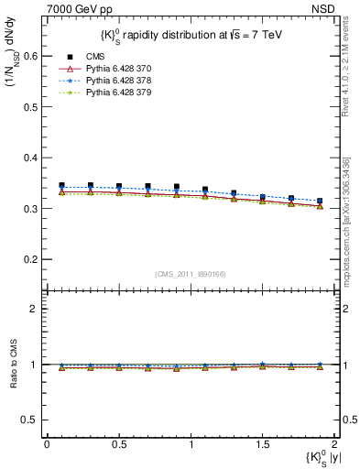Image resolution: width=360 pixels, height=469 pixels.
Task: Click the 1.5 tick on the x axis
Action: (262, 443)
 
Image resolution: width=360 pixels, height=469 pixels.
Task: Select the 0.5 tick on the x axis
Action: (118, 443)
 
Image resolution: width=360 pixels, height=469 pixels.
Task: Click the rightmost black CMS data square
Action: (320, 201)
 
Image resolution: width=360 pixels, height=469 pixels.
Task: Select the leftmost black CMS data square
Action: (61, 185)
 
